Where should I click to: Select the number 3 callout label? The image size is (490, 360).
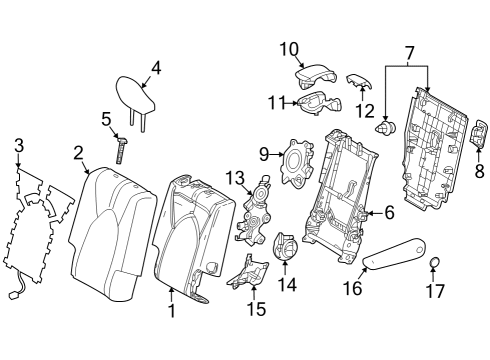pyautogui.click(x=17, y=148)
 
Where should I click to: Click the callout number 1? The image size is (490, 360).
pyautogui.click(x=171, y=311)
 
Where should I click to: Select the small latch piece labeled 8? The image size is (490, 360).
pyautogui.click(x=478, y=138)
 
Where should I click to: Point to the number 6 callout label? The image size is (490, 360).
pyautogui.click(x=390, y=212)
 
